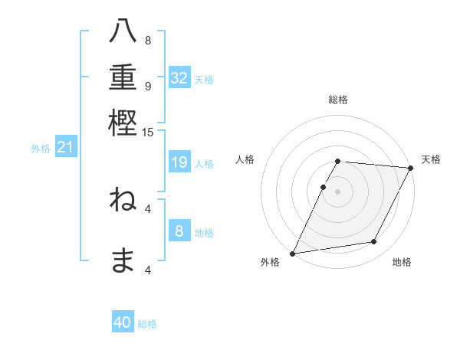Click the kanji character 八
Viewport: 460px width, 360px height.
coord(123,32)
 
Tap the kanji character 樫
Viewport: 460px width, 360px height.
coord(123,123)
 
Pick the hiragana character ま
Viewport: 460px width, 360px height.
coord(123,261)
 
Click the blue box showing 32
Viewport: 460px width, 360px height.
coord(179,78)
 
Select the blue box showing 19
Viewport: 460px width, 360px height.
coord(179,162)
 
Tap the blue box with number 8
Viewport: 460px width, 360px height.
coord(179,231)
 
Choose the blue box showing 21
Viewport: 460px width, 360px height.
coord(65,147)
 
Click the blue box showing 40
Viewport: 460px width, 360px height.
coord(123,322)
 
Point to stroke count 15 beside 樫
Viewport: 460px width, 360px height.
coord(148,133)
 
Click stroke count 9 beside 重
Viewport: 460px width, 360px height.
coord(148,86)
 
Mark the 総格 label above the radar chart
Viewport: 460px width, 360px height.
coord(338,100)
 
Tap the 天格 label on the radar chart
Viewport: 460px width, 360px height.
coord(431,159)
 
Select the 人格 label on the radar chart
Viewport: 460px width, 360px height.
coord(245,159)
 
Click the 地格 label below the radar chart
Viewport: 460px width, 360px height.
coord(402,263)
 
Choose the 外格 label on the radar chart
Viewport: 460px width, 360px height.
coord(270,263)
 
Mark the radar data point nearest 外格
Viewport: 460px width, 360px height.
coord(292,254)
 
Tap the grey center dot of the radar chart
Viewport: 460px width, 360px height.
coord(338,191)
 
